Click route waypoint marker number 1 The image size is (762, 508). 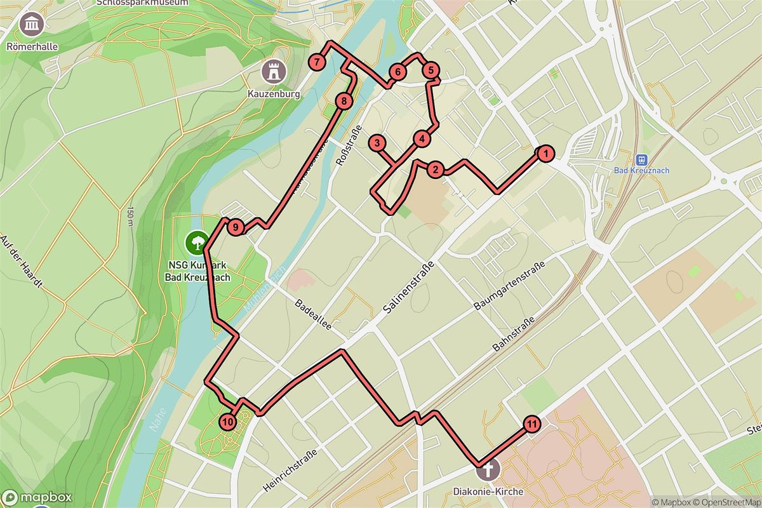coord(544,153)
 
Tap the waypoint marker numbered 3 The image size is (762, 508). coord(377,143)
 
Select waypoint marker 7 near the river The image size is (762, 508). coord(317,62)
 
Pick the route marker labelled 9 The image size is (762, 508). coord(235,227)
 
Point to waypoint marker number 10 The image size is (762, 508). coord(227,420)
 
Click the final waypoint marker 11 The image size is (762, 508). coord(531,424)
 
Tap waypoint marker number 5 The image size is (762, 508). coord(431,70)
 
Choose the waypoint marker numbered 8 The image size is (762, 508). coord(344,100)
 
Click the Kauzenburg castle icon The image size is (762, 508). coord(274,70)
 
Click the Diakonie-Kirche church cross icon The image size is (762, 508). coord(488,471)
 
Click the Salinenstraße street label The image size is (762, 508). coord(409,288)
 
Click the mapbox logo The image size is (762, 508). coord(37,497)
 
